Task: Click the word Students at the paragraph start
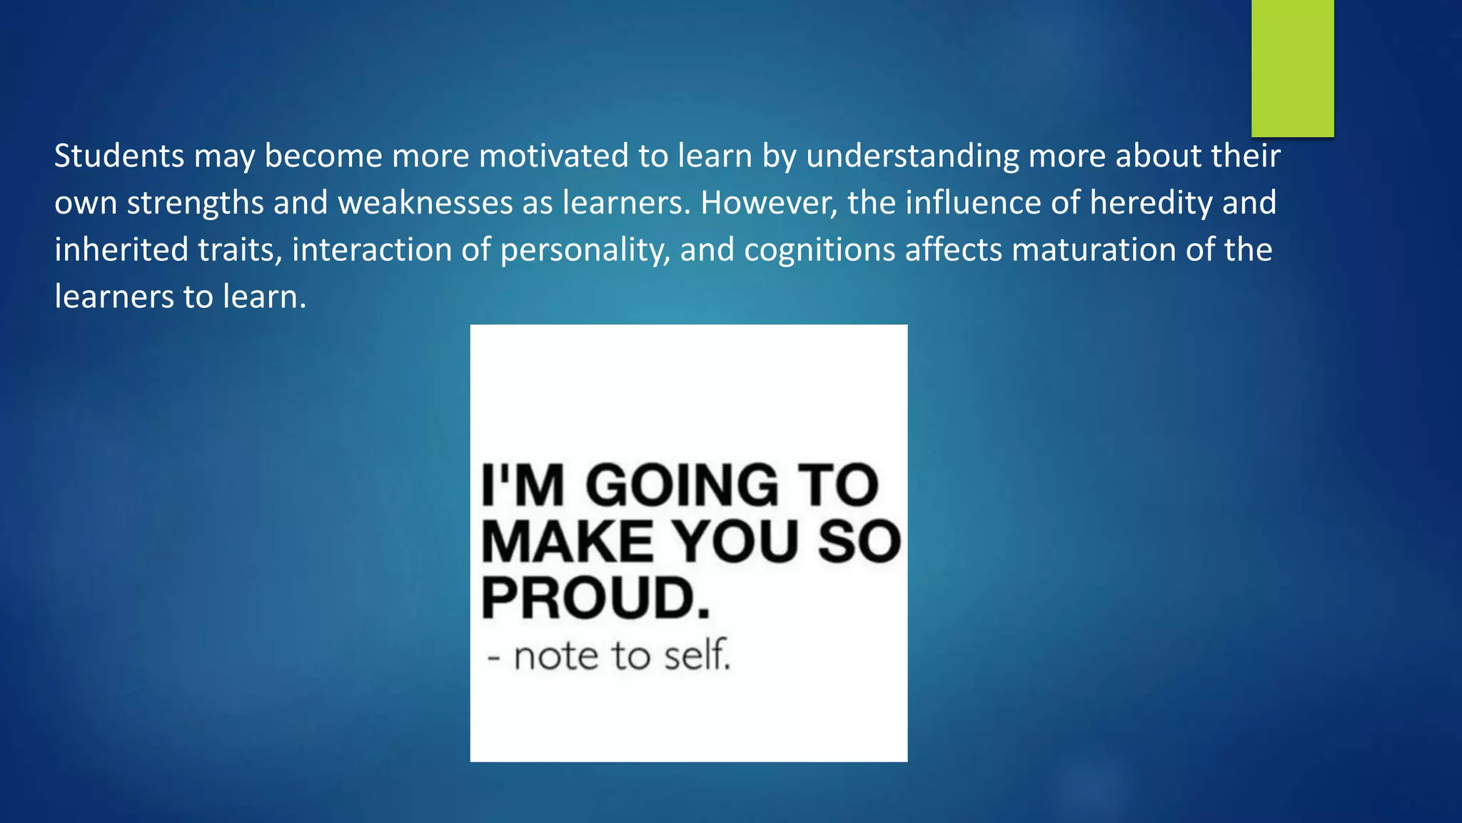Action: tap(119, 156)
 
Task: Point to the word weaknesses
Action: tap(425, 203)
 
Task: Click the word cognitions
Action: tap(820, 250)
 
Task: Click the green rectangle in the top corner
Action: tap(1292, 68)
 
